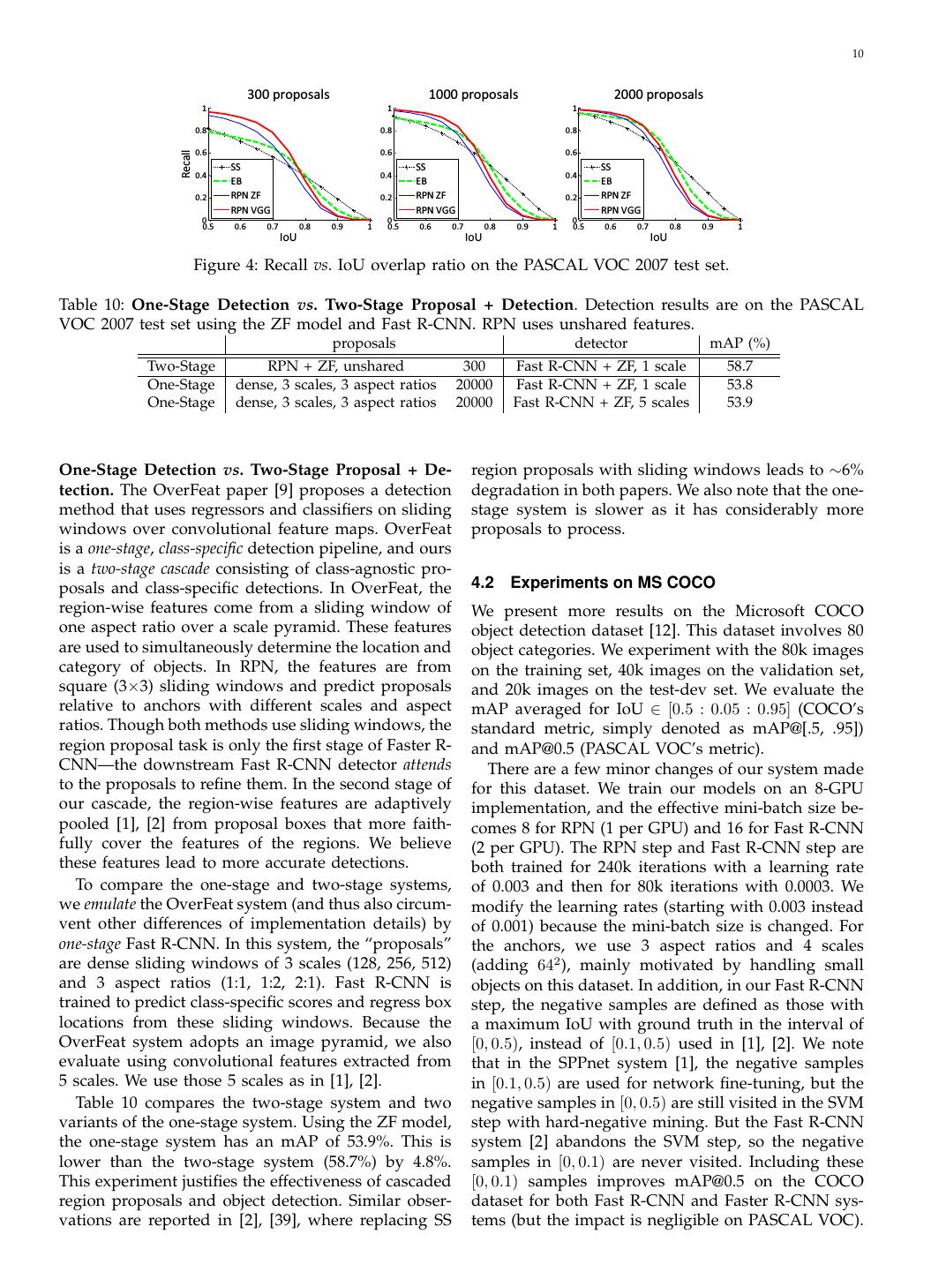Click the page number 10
click(x=858, y=55)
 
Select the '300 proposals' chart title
click(x=288, y=94)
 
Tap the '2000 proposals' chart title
click(x=658, y=94)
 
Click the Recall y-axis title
click(x=186, y=163)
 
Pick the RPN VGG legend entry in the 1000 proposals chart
click(x=436, y=210)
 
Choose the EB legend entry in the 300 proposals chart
click(x=237, y=181)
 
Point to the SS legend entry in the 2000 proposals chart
click(x=606, y=166)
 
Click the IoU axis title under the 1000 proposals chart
click(x=473, y=237)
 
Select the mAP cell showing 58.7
click(x=739, y=366)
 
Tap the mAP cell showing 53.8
click(x=739, y=385)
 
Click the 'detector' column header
click(x=600, y=343)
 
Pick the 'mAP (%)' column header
click(x=740, y=343)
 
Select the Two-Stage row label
click(x=181, y=366)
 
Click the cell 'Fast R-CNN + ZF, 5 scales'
click(x=600, y=403)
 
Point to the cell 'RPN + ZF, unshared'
click(x=335, y=366)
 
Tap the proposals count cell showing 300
click(x=474, y=366)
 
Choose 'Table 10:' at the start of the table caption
click(x=92, y=305)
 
